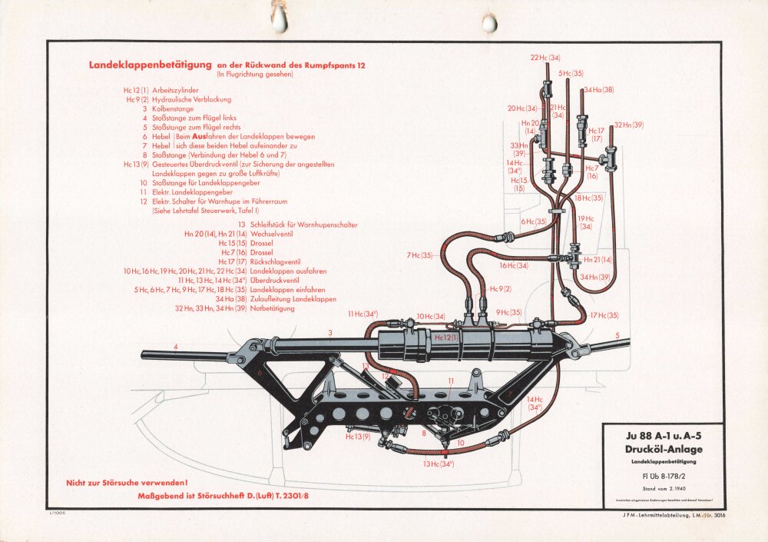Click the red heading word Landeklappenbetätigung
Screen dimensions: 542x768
(x=151, y=65)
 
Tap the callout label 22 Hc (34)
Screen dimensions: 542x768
(x=545, y=58)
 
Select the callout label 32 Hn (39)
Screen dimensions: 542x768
(x=628, y=125)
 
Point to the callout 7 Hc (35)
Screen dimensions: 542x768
(x=420, y=255)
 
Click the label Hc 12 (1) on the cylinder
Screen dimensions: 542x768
(x=446, y=337)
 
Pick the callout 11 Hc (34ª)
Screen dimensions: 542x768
(x=362, y=314)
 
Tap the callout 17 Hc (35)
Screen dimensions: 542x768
(x=604, y=315)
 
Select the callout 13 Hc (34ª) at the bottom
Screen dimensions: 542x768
(x=438, y=463)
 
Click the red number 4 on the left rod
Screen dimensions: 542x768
(x=176, y=347)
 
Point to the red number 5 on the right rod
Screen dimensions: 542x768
(x=617, y=335)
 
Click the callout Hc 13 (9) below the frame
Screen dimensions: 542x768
(x=358, y=437)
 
